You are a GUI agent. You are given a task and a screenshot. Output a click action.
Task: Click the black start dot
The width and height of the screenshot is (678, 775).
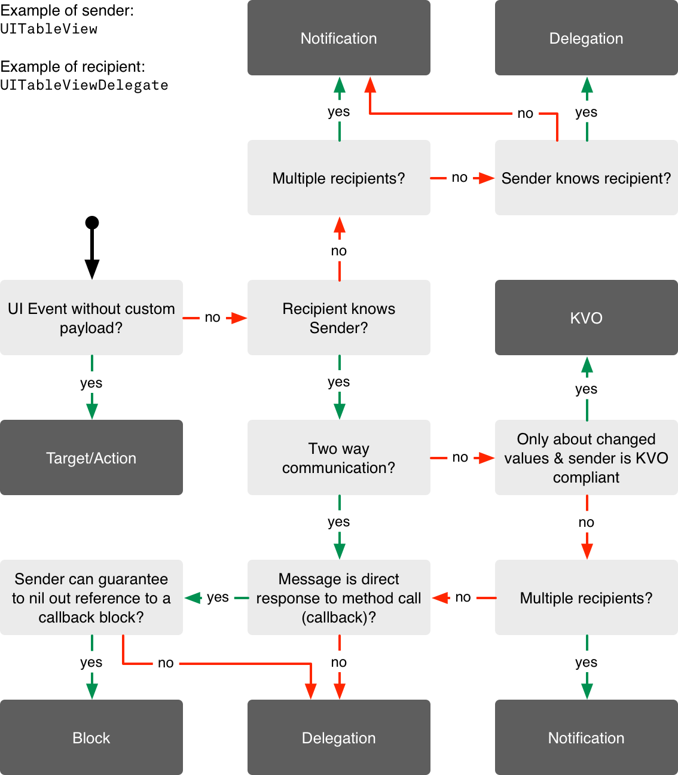92,223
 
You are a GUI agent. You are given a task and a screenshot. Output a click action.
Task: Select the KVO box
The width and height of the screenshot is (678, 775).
586,318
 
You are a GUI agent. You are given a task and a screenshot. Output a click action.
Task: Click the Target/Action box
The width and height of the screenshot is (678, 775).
91,457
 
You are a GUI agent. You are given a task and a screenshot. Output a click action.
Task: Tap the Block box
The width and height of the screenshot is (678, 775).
91,737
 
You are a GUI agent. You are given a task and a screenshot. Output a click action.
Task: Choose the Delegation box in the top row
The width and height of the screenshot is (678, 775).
586,38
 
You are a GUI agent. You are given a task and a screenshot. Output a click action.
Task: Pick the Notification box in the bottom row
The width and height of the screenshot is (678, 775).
586,737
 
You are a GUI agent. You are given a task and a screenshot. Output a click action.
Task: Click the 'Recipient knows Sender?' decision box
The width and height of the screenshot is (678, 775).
338,318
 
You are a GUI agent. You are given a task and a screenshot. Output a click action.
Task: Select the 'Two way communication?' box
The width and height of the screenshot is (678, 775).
338,457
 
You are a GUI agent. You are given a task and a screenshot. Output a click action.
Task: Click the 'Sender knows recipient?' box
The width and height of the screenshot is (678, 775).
586,178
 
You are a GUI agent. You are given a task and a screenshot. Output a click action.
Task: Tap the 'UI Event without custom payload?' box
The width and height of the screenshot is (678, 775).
91,318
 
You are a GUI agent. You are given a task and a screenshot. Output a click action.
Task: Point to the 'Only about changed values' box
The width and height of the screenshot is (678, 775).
586,457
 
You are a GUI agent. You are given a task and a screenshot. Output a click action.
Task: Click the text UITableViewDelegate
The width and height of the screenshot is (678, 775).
84,85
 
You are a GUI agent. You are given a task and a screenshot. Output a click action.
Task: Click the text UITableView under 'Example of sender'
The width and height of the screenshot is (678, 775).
49,29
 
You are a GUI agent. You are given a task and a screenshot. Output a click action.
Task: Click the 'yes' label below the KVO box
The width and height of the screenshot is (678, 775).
586,389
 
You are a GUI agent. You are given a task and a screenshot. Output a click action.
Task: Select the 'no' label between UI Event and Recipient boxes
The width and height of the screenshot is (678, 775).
212,318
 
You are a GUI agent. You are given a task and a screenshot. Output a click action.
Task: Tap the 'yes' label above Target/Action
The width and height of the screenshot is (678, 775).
91,383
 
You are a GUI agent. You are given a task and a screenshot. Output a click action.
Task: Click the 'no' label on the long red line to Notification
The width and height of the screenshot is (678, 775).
525,114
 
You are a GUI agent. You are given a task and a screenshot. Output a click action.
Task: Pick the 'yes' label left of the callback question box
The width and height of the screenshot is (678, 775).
218,597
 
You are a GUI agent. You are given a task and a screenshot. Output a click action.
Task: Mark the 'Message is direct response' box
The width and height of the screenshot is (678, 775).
338,597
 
